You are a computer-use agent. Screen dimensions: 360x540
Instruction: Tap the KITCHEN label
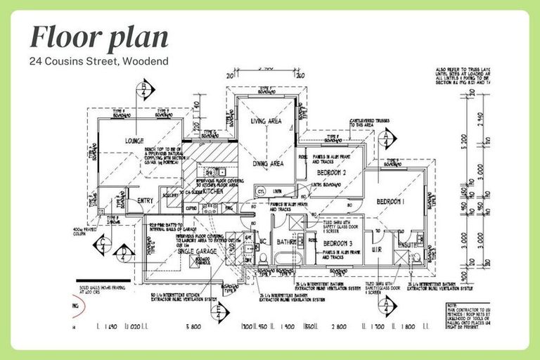(212, 191)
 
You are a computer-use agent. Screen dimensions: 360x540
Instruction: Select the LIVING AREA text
(266, 122)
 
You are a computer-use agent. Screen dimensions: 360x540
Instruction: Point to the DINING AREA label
(267, 163)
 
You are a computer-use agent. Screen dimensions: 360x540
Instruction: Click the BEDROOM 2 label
(332, 172)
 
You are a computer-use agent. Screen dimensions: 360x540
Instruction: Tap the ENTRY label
(145, 201)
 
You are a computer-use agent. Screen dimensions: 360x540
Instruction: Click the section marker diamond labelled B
(145, 89)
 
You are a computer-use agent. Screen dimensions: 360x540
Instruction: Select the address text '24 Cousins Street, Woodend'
(98, 61)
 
